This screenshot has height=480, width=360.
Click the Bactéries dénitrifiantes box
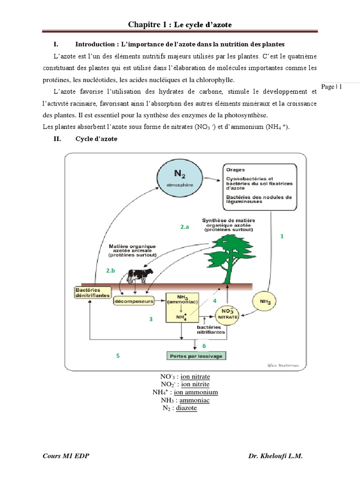point(92,292)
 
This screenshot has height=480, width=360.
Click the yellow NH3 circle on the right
point(265,302)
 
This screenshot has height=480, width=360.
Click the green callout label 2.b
point(110,271)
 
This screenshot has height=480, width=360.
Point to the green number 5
point(118,356)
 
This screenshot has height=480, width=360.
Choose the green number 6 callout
point(204,345)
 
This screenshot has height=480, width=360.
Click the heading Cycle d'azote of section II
point(96,139)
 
